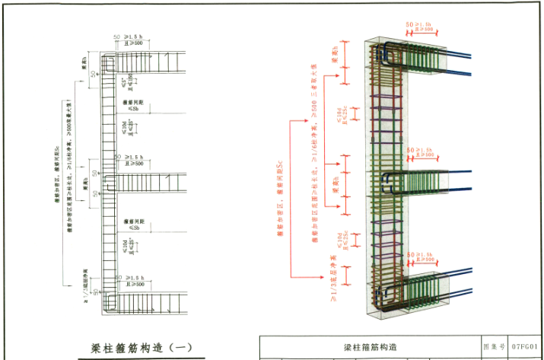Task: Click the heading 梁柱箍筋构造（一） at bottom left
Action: click(142, 348)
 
